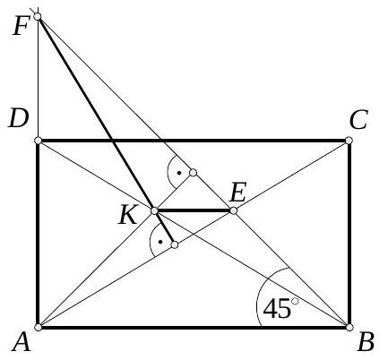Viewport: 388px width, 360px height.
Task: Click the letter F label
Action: click(x=21, y=27)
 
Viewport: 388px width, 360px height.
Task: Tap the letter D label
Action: click(x=19, y=119)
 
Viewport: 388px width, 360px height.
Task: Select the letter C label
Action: click(x=358, y=120)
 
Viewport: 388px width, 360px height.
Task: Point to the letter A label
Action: click(x=22, y=343)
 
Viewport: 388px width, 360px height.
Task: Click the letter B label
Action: click(x=366, y=342)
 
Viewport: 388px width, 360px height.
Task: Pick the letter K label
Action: click(x=128, y=216)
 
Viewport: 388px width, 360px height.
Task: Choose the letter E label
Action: click(x=237, y=193)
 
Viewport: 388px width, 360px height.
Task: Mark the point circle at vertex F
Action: click(x=38, y=16)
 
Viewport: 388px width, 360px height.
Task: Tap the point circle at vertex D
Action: click(x=38, y=141)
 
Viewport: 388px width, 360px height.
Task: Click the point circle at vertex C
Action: click(x=349, y=141)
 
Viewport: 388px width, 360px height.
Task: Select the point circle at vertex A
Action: click(x=38, y=328)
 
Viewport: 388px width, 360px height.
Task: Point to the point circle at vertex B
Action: click(x=349, y=328)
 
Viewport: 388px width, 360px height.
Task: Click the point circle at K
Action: click(x=154, y=210)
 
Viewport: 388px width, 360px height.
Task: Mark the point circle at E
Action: click(x=234, y=210)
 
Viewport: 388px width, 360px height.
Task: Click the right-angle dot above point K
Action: click(x=178, y=173)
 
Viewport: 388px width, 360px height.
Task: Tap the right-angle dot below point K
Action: click(x=160, y=242)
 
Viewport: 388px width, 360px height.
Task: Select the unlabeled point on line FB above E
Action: click(x=194, y=173)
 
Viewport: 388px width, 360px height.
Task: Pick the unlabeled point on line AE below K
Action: click(x=175, y=245)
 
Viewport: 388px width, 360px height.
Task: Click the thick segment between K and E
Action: click(x=194, y=210)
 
